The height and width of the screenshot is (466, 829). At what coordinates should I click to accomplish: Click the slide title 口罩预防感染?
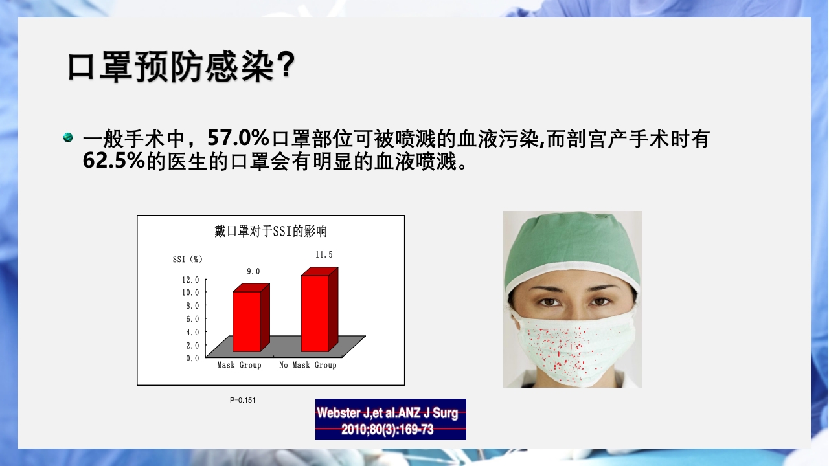181,67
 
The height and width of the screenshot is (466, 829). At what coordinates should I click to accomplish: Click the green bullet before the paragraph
68,138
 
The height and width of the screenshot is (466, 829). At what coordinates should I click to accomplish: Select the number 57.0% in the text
238,138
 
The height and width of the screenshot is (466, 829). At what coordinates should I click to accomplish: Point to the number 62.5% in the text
113,161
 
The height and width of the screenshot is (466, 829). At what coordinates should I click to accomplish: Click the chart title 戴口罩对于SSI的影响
271,231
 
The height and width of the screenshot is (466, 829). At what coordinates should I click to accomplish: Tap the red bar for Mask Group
247,321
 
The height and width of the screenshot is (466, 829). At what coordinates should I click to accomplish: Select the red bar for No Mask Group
315,313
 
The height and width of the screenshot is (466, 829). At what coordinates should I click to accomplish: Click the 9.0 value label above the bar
253,272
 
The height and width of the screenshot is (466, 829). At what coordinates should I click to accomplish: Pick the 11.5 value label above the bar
324,255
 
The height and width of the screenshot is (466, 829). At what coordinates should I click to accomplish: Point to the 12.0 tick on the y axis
190,280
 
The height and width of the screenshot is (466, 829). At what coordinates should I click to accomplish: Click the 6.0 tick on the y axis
192,319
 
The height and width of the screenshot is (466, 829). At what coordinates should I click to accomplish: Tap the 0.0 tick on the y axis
192,358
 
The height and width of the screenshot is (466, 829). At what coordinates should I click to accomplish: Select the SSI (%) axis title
188,260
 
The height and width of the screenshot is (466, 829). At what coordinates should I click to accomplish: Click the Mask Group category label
239,365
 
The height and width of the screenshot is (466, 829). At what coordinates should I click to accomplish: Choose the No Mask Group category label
308,365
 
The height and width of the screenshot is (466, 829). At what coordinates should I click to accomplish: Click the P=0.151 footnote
243,400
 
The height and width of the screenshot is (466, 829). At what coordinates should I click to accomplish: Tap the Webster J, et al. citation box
391,419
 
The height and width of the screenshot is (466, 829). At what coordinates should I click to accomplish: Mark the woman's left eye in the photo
599,301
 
